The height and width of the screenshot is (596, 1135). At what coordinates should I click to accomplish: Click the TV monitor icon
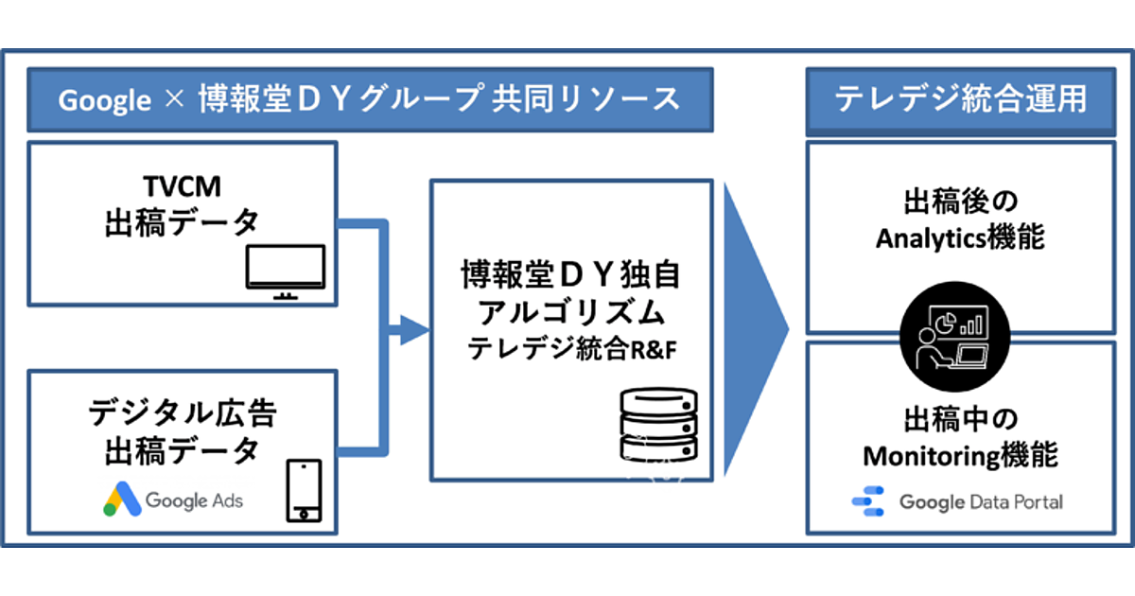pos(285,272)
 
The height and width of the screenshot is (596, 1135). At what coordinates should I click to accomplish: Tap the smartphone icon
pos(304,490)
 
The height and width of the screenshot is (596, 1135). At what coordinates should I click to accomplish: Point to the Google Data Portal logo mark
pos(867,502)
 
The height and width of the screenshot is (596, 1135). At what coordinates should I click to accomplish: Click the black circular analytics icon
pos(954,335)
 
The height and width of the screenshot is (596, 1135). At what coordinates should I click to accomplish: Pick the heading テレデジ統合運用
pos(961,99)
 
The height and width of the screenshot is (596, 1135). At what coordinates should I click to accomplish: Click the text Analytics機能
pos(960,237)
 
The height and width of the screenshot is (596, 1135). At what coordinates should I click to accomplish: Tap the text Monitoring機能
pos(960,455)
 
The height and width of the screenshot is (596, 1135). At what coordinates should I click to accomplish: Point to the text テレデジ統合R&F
pos(571,350)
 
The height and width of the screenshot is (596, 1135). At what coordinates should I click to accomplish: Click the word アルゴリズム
pos(571,312)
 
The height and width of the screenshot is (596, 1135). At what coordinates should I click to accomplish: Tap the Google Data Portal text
pos(981,502)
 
